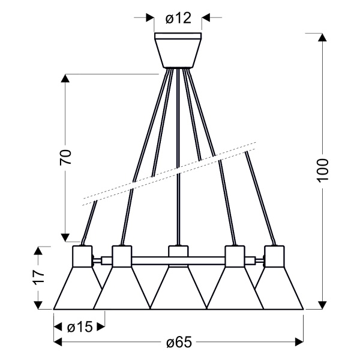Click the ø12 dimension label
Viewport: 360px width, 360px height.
pos(178,18)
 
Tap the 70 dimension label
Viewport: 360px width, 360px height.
pos(65,157)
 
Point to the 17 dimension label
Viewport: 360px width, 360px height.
pos(38,277)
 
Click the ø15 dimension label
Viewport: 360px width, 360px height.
pos(80,327)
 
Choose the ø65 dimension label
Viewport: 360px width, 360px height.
pos(179,342)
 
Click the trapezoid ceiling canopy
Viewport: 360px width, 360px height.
pos(178,50)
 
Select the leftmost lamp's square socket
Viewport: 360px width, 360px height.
pos(82,256)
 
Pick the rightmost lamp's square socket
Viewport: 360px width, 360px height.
pos(274,256)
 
